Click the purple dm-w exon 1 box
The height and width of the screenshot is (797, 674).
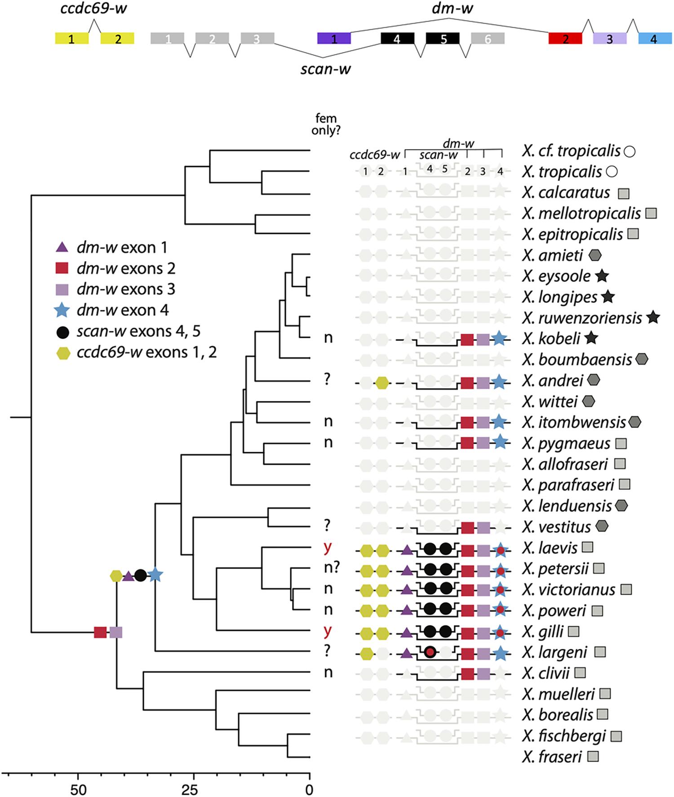pyautogui.click(x=334, y=39)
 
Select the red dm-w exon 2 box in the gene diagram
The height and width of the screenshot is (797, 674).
pyautogui.click(x=565, y=39)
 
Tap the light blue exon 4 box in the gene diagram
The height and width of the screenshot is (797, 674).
pyautogui.click(x=655, y=39)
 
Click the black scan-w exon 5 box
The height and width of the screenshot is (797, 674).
pyautogui.click(x=443, y=39)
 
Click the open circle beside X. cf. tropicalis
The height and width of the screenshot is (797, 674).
pyautogui.click(x=630, y=151)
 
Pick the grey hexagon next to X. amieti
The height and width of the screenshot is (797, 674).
pyautogui.click(x=594, y=255)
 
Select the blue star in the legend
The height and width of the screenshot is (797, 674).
pyautogui.click(x=62, y=310)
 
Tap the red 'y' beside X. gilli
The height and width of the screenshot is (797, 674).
pyautogui.click(x=328, y=631)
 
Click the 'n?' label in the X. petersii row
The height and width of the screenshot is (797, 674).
pyautogui.click(x=329, y=568)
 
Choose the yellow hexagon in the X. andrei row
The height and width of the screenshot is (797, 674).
pyautogui.click(x=381, y=383)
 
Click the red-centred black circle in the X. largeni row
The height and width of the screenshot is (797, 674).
pyautogui.click(x=430, y=652)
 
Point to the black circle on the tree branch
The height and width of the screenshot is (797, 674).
pyautogui.click(x=140, y=575)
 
